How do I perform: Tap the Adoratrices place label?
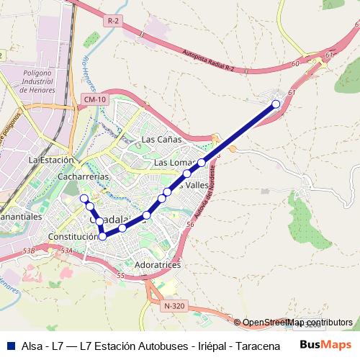click(157, 265)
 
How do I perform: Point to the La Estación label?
click(50, 160)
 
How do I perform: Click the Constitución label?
click(72, 236)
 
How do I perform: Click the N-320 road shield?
click(174, 306)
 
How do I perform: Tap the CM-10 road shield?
click(94, 99)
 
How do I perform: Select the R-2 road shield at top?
click(112, 22)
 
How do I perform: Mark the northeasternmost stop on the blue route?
click(275, 104)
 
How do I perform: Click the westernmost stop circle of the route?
click(84, 198)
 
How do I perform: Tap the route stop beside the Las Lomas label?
click(202, 163)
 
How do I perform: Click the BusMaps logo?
click(326, 345)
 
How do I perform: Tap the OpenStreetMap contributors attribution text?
click(297, 323)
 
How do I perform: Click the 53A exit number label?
click(67, 251)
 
